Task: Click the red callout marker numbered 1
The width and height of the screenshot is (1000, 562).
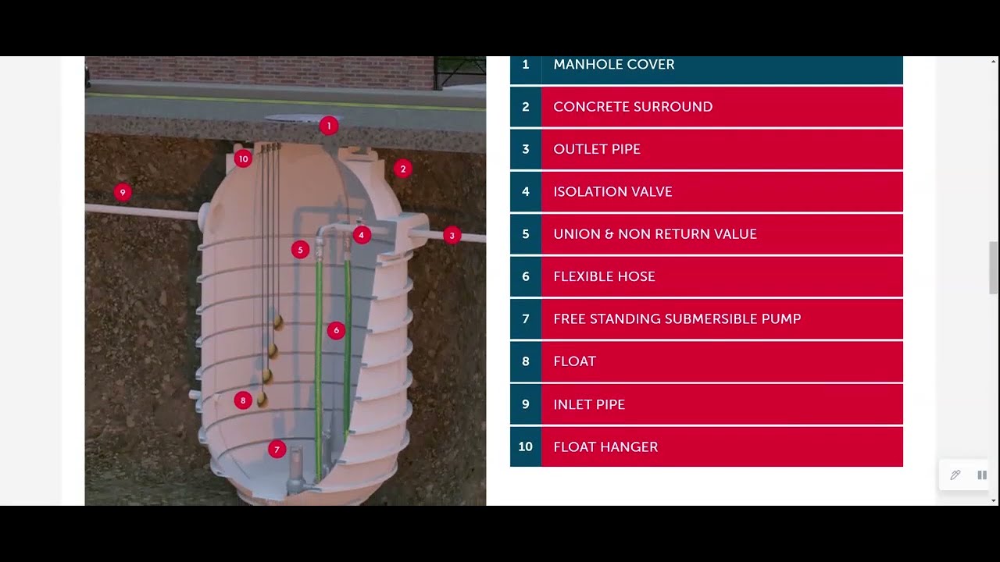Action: tap(329, 126)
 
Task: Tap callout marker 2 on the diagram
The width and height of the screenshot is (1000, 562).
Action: tap(403, 169)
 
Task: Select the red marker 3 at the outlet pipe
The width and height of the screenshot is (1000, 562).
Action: tap(452, 235)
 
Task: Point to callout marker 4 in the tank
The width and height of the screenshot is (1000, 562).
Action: tap(361, 234)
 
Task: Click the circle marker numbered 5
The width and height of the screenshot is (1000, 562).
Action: tap(300, 250)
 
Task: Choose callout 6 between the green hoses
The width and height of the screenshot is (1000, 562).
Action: tap(336, 330)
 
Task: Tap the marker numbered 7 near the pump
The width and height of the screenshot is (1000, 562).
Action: tap(277, 450)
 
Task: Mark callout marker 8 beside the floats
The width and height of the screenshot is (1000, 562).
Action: tap(243, 400)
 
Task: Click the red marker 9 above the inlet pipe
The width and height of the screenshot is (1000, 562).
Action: tap(122, 192)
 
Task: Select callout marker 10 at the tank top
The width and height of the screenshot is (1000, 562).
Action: tap(243, 158)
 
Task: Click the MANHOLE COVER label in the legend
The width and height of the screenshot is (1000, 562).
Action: tap(613, 65)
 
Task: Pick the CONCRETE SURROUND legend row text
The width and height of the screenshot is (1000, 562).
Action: tap(633, 107)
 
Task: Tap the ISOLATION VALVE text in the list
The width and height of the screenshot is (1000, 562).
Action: tap(612, 192)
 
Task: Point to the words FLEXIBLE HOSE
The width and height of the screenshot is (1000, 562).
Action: tap(604, 276)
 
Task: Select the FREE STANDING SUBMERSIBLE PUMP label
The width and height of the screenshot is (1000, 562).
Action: tap(677, 319)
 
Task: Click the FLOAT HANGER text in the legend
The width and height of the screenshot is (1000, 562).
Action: tap(605, 447)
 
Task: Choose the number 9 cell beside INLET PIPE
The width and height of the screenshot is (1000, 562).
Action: tap(526, 404)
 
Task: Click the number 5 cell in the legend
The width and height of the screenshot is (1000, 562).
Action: tap(526, 234)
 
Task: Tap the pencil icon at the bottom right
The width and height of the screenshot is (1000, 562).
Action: tap(955, 475)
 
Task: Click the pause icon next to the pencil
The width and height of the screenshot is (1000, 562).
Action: tap(982, 475)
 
